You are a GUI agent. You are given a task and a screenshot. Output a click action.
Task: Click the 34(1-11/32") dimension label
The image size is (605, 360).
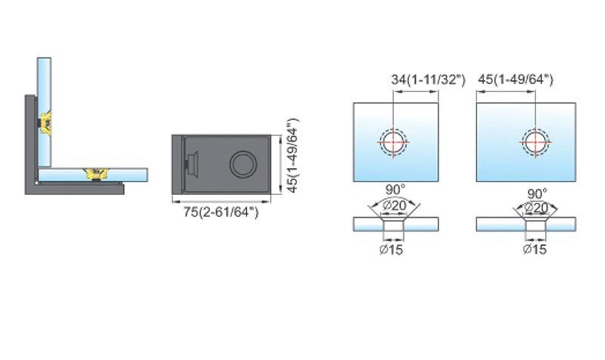(428, 80)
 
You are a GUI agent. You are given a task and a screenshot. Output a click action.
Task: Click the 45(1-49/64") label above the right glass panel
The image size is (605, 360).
(516, 79)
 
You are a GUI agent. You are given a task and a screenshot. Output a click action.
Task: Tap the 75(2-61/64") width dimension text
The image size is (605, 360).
(221, 212)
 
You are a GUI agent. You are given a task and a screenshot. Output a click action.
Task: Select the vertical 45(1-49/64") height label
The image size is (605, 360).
(293, 155)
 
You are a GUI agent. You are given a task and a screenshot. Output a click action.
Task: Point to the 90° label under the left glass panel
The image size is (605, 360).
(396, 190)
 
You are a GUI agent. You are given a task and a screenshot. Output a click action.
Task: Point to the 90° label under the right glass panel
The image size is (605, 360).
(537, 194)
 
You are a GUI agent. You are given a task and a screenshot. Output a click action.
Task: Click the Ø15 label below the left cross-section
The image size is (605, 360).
(391, 250)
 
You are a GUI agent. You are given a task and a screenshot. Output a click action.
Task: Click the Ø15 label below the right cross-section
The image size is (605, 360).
(535, 250)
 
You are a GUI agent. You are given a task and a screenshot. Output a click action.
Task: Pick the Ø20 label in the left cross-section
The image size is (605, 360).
(394, 206)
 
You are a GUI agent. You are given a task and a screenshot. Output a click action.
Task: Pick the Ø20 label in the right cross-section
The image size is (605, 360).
(536, 208)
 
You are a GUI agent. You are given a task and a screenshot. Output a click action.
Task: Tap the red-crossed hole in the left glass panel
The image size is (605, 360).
(393, 142)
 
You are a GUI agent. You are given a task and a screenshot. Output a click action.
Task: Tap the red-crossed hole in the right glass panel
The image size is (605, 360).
(535, 142)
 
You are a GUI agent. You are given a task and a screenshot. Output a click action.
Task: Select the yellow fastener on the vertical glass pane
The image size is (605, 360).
(46, 123)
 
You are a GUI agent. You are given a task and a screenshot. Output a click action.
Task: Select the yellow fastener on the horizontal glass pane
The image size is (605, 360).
(96, 173)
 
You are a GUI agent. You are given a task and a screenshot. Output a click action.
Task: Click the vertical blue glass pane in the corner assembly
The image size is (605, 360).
(44, 113)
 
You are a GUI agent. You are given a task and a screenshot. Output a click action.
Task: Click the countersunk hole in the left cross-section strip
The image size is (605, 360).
(393, 224)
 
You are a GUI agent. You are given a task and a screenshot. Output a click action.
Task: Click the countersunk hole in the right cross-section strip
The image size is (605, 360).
(535, 224)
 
